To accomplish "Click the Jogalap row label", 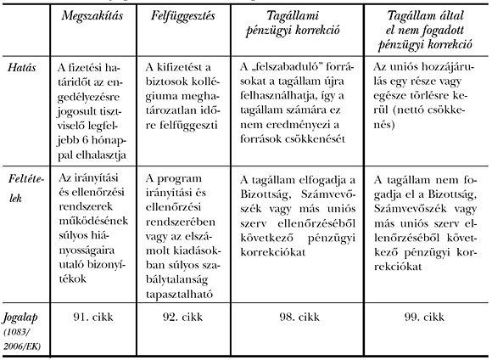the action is click(23, 318).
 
